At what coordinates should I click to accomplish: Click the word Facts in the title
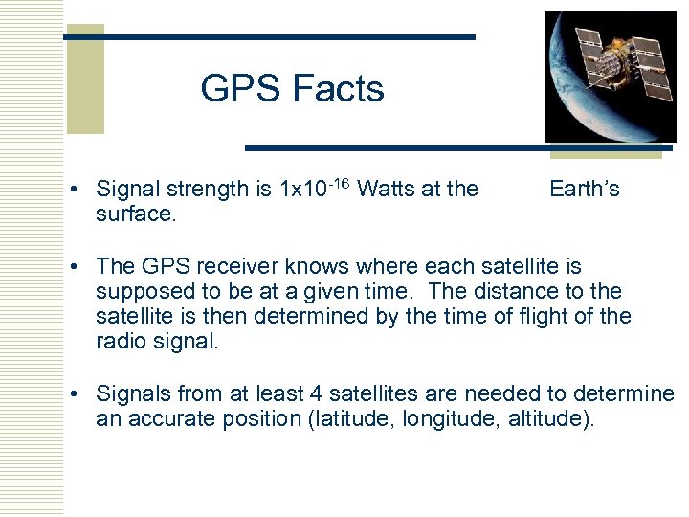pos(338,89)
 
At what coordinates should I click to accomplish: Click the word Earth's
pos(585,190)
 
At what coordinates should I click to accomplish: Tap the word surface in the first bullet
pos(135,214)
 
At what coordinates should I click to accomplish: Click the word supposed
pos(138,291)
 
